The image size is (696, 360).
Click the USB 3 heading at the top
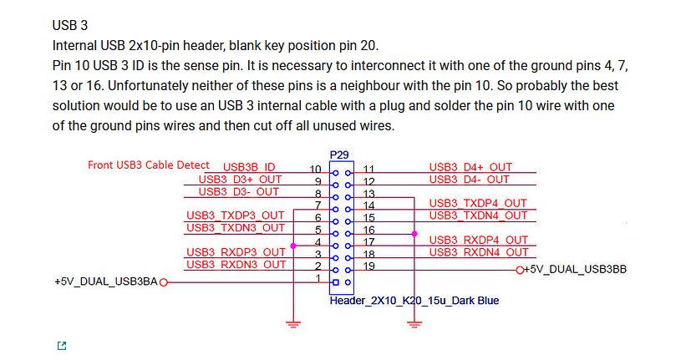click(x=70, y=25)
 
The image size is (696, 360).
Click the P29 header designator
click(x=340, y=155)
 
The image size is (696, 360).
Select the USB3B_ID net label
click(x=249, y=167)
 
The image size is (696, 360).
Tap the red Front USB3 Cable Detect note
click(x=149, y=165)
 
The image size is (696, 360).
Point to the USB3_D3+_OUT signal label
click(x=240, y=179)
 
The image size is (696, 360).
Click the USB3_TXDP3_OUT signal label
click(x=236, y=215)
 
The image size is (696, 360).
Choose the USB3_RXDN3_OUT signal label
click(x=236, y=265)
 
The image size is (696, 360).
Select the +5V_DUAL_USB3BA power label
click(x=105, y=282)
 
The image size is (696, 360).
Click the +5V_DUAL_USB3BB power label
click(x=575, y=269)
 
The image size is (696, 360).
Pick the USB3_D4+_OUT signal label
click(x=470, y=167)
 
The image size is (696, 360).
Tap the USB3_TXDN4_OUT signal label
click(x=478, y=215)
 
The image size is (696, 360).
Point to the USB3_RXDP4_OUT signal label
click(x=478, y=241)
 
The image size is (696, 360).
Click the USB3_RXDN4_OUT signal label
click(x=478, y=252)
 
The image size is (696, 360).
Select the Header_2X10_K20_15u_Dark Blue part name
click(x=414, y=300)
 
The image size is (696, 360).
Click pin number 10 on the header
click(x=316, y=170)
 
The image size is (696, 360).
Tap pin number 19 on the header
click(x=368, y=266)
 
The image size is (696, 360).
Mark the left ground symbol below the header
click(x=292, y=322)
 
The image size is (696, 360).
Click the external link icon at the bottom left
click(x=61, y=346)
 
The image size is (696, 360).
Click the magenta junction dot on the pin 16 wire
click(x=415, y=234)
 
